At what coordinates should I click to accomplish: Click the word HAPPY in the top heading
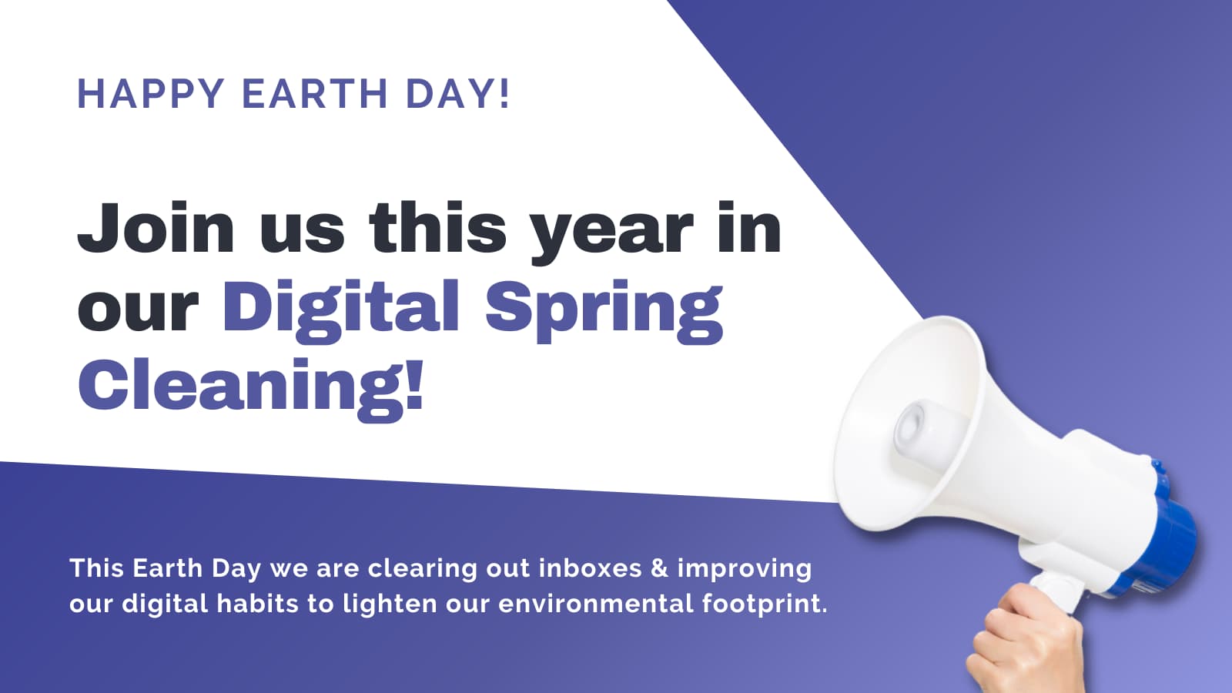150,94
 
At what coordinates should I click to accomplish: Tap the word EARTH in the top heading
315,94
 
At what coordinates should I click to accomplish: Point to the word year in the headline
612,231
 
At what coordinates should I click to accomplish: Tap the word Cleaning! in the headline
251,385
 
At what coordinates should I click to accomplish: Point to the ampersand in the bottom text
659,568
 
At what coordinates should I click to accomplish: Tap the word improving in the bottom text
744,570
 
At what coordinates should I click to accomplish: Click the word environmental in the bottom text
596,603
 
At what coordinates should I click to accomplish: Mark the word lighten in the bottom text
390,603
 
